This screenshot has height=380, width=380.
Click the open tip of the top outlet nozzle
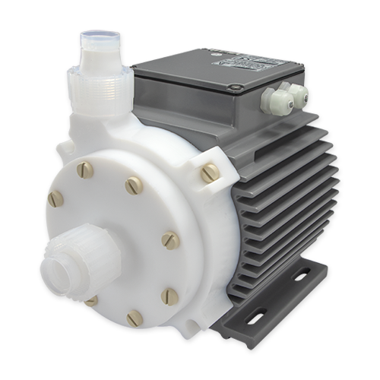tap(97, 34)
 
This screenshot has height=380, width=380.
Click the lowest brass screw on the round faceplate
tap(135, 317)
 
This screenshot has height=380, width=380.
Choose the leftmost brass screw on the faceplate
tap(55, 199)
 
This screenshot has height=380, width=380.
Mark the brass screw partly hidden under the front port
tap(92, 299)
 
